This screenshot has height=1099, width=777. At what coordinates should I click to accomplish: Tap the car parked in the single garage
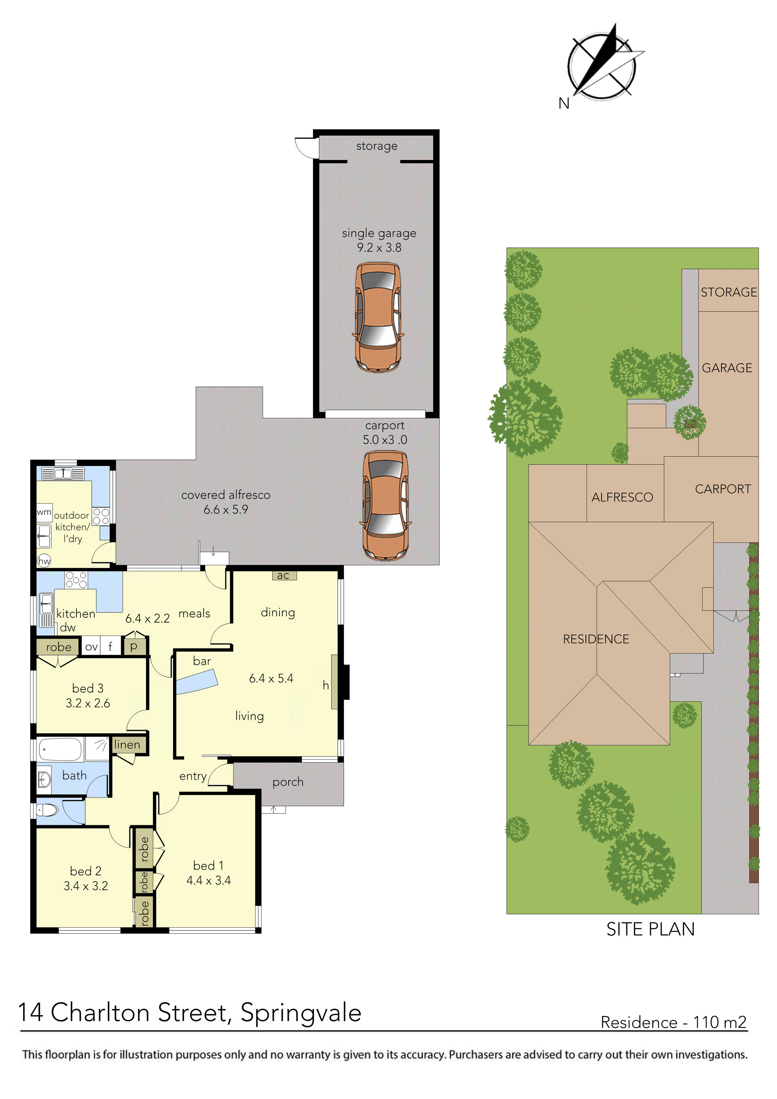378,317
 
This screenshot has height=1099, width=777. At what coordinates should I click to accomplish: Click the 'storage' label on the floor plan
377,146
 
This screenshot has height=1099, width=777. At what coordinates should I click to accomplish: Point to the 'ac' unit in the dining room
284,576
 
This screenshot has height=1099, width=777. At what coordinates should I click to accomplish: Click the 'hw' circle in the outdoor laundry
44,561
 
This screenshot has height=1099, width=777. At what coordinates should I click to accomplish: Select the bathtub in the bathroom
60,749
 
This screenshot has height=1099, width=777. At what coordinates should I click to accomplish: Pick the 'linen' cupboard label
127,745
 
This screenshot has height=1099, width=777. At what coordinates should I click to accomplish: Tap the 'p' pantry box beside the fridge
134,646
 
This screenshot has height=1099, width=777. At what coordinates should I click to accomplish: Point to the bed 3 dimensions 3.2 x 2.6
88,703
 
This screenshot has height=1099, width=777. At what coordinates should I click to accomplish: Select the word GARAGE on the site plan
727,368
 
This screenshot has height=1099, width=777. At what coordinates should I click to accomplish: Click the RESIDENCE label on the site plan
596,639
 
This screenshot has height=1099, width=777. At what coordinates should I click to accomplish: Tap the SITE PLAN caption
650,930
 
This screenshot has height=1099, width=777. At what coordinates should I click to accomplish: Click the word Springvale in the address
301,1013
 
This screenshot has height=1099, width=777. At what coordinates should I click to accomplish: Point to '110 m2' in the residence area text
720,1023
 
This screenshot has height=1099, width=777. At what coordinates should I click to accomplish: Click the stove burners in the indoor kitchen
76,580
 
